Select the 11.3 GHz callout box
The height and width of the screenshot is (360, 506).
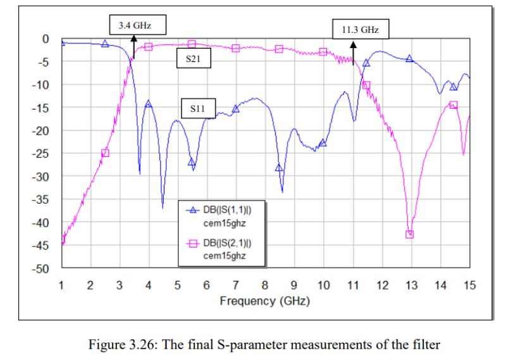(x=360, y=28)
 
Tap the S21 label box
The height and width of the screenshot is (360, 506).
(x=193, y=59)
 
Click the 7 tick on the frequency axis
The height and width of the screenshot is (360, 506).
(x=236, y=285)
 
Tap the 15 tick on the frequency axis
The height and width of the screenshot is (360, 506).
(x=469, y=285)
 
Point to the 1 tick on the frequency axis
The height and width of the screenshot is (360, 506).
(x=61, y=285)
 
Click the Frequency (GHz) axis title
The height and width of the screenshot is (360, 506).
(x=264, y=301)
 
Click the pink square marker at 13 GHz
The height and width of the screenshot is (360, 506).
(x=410, y=234)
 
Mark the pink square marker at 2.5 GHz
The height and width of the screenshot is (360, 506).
(x=105, y=152)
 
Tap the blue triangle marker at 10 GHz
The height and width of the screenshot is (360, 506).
(x=323, y=143)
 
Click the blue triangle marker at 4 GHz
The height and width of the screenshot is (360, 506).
(x=148, y=104)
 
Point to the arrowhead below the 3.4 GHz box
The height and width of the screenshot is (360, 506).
(x=133, y=38)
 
